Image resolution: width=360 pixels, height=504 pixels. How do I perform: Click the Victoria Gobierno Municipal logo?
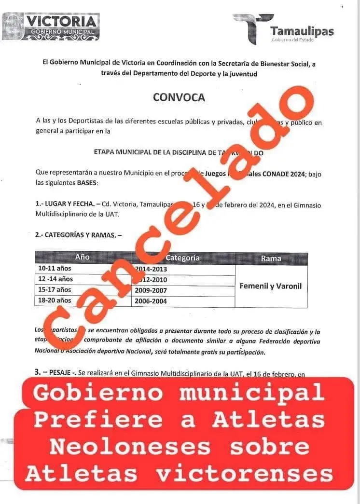51,26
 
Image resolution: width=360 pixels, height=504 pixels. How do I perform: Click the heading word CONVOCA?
179,97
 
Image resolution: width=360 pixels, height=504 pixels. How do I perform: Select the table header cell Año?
83,258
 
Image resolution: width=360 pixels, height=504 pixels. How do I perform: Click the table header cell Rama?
271,259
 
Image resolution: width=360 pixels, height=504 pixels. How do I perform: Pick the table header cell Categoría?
182,258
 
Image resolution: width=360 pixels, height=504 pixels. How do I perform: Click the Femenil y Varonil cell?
270,286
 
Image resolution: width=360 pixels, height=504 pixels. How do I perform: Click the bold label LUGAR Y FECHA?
68,204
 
